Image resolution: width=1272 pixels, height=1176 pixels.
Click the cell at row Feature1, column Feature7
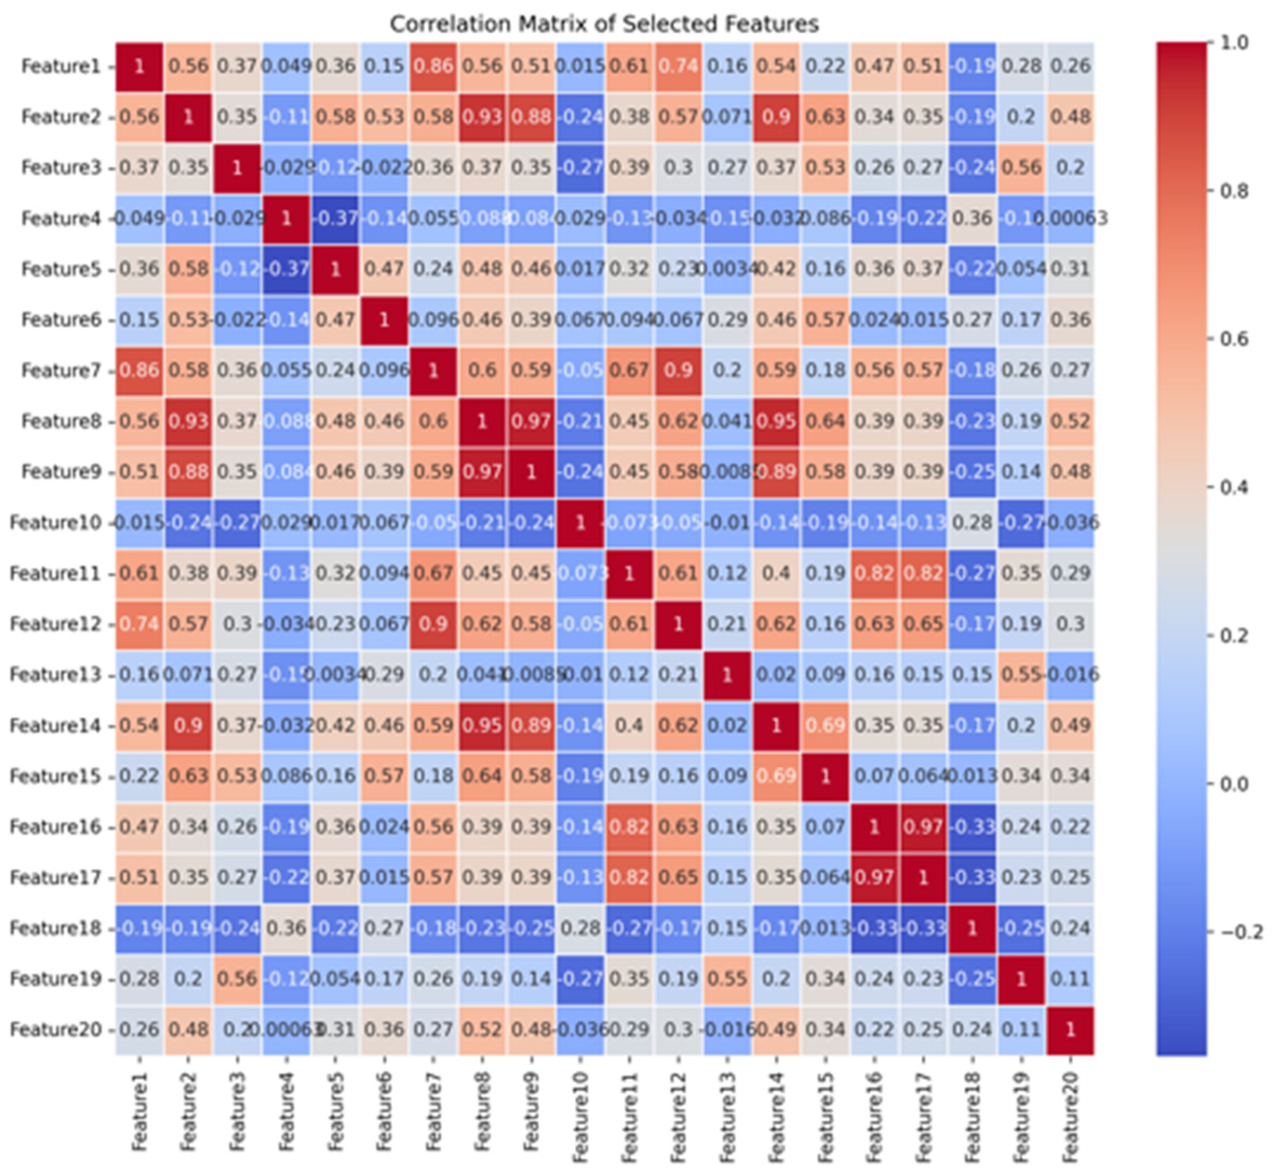click(x=433, y=66)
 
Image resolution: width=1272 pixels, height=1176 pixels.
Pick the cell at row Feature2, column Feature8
click(x=482, y=117)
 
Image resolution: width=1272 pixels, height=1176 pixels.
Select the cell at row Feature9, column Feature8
click(x=482, y=472)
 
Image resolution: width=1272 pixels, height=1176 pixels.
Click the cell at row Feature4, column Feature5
click(x=336, y=218)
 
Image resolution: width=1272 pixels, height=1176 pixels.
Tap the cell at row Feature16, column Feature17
click(x=923, y=826)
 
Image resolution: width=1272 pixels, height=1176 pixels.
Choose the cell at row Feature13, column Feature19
click(x=1021, y=675)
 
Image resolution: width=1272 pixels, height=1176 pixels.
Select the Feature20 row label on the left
click(x=56, y=1029)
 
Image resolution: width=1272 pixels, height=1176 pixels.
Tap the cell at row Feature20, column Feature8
click(x=482, y=1029)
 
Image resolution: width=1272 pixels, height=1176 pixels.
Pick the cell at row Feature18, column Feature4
click(x=286, y=928)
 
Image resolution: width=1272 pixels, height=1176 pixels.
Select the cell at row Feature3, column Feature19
click(x=1021, y=167)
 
